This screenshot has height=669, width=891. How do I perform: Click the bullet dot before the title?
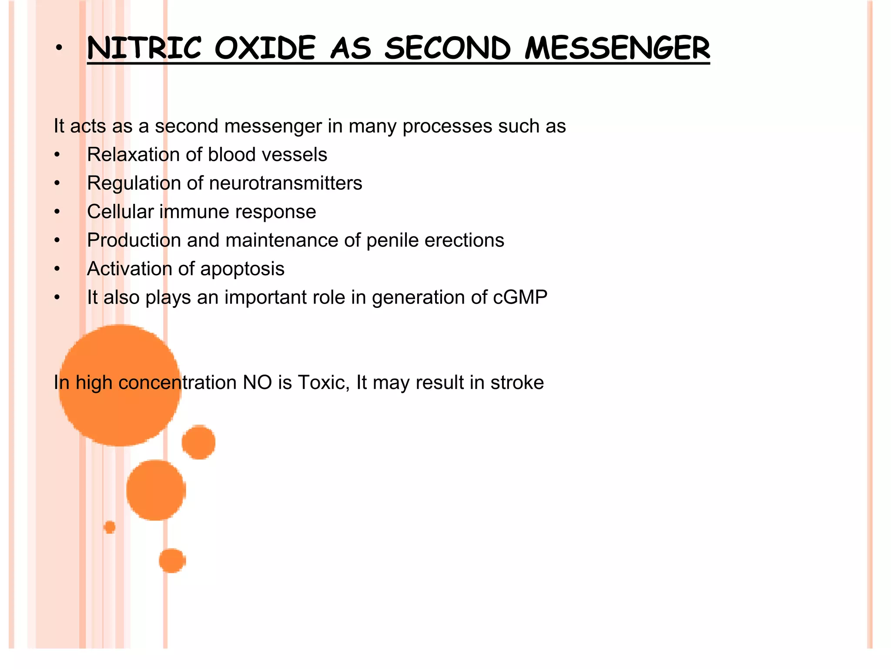tap(59, 48)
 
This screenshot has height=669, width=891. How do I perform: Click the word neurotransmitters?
tap(285, 183)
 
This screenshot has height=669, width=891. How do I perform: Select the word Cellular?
tap(121, 212)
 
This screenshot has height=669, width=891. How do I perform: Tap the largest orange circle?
tap(120, 385)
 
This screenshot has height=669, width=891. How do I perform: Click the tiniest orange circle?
tap(110, 527)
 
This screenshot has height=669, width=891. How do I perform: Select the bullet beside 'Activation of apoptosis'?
tap(57, 269)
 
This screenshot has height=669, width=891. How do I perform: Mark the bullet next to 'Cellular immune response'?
tap(57, 212)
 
